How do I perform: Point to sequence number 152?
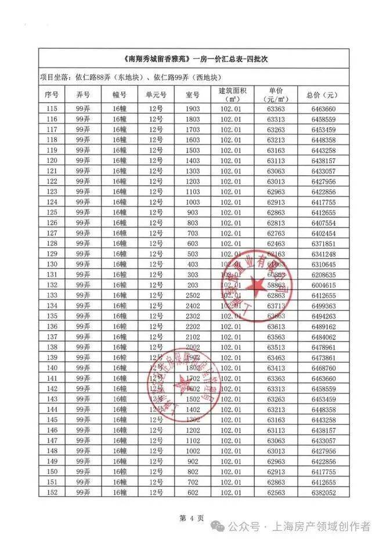click(x=53, y=493)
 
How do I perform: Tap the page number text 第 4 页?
click(x=191, y=518)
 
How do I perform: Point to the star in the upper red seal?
click(x=254, y=285)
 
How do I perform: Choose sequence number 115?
click(x=53, y=109)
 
